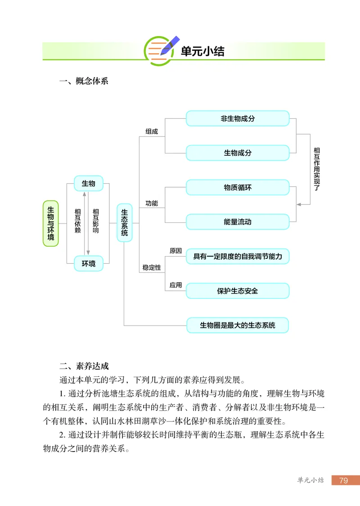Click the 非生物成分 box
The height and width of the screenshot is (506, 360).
237,119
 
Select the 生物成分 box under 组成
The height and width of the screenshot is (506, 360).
237,153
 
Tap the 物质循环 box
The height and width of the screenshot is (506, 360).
237,188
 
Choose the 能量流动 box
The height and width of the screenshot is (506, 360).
237,222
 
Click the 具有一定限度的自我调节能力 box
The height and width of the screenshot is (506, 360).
237,256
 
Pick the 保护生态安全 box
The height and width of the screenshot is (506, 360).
237,291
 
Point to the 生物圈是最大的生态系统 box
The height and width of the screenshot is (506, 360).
237,325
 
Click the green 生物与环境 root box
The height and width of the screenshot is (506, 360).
50,223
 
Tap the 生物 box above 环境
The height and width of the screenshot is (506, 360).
88,184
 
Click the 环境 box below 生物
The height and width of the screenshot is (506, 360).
88,264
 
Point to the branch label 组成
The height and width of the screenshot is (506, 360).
152,131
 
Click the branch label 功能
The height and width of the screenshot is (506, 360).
152,203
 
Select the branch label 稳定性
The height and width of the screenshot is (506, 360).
152,267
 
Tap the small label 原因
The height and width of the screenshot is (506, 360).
175,251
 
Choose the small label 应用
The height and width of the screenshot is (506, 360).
175,285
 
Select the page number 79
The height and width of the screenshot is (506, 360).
343,481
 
